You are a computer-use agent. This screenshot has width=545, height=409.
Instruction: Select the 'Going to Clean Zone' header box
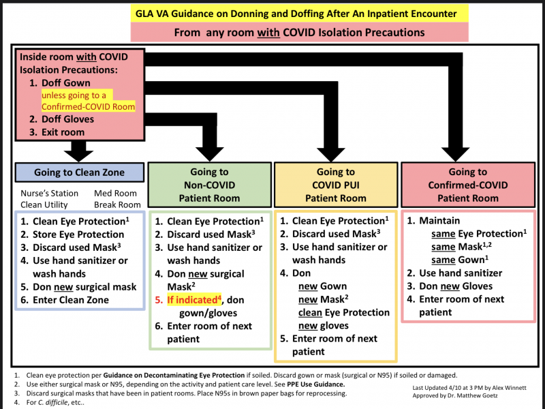coord(78,172)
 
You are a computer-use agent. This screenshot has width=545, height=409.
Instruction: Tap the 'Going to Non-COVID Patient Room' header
coord(210,185)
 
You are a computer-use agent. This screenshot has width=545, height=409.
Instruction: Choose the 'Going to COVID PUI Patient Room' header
coord(335,185)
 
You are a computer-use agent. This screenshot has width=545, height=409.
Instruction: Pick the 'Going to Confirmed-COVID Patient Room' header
coord(467,185)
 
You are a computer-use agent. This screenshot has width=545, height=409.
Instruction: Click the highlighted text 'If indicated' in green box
coord(191,299)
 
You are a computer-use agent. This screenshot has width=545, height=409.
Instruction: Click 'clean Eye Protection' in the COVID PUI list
coord(344,312)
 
